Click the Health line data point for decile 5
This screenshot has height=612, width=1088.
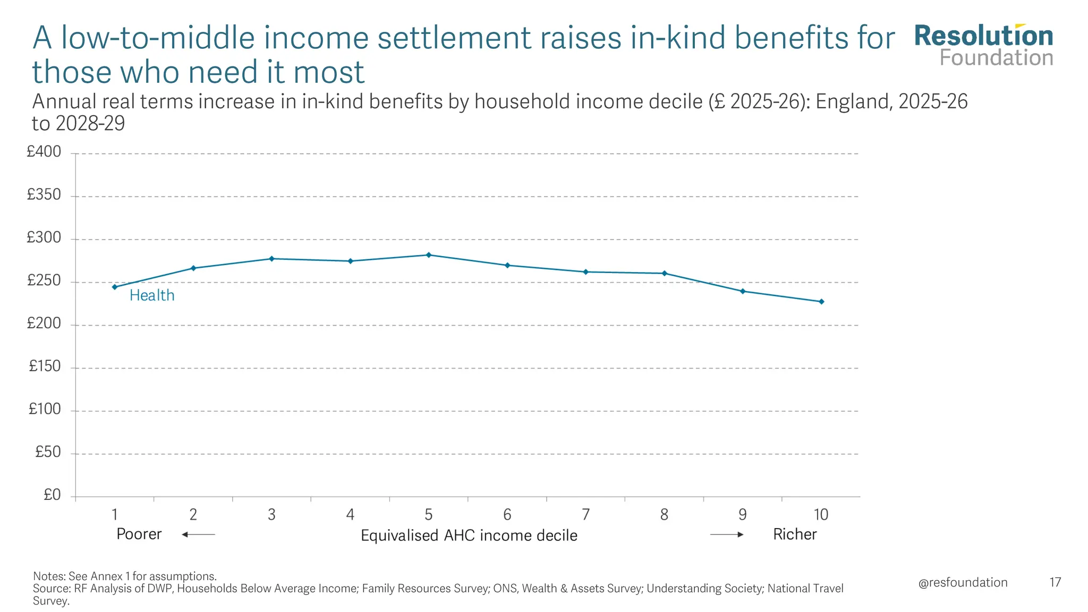tap(429, 255)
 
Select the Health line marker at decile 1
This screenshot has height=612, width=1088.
tap(115, 287)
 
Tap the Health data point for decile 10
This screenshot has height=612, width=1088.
tap(821, 302)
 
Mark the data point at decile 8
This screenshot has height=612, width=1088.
tap(665, 274)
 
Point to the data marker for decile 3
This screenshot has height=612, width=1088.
tap(271, 259)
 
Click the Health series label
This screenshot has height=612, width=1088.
tap(152, 295)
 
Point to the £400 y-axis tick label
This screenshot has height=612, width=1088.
tap(44, 152)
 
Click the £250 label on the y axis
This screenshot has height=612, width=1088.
tap(44, 281)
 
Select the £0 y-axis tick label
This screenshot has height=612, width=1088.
tap(52, 495)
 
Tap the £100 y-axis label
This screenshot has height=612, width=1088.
tap(45, 410)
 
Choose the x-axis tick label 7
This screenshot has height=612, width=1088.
tap(585, 515)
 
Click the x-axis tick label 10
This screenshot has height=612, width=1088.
tap(821, 515)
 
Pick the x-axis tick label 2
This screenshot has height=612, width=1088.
tap(193, 515)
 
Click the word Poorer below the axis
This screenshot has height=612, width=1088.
tap(139, 534)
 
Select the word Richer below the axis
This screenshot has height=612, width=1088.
tap(795, 534)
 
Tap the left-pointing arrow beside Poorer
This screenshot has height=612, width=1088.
tap(198, 534)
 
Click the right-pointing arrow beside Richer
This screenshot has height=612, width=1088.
tap(727, 534)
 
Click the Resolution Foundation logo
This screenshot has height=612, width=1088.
tap(983, 46)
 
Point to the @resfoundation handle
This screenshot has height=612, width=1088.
tap(963, 583)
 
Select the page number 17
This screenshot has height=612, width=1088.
tap(1055, 583)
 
